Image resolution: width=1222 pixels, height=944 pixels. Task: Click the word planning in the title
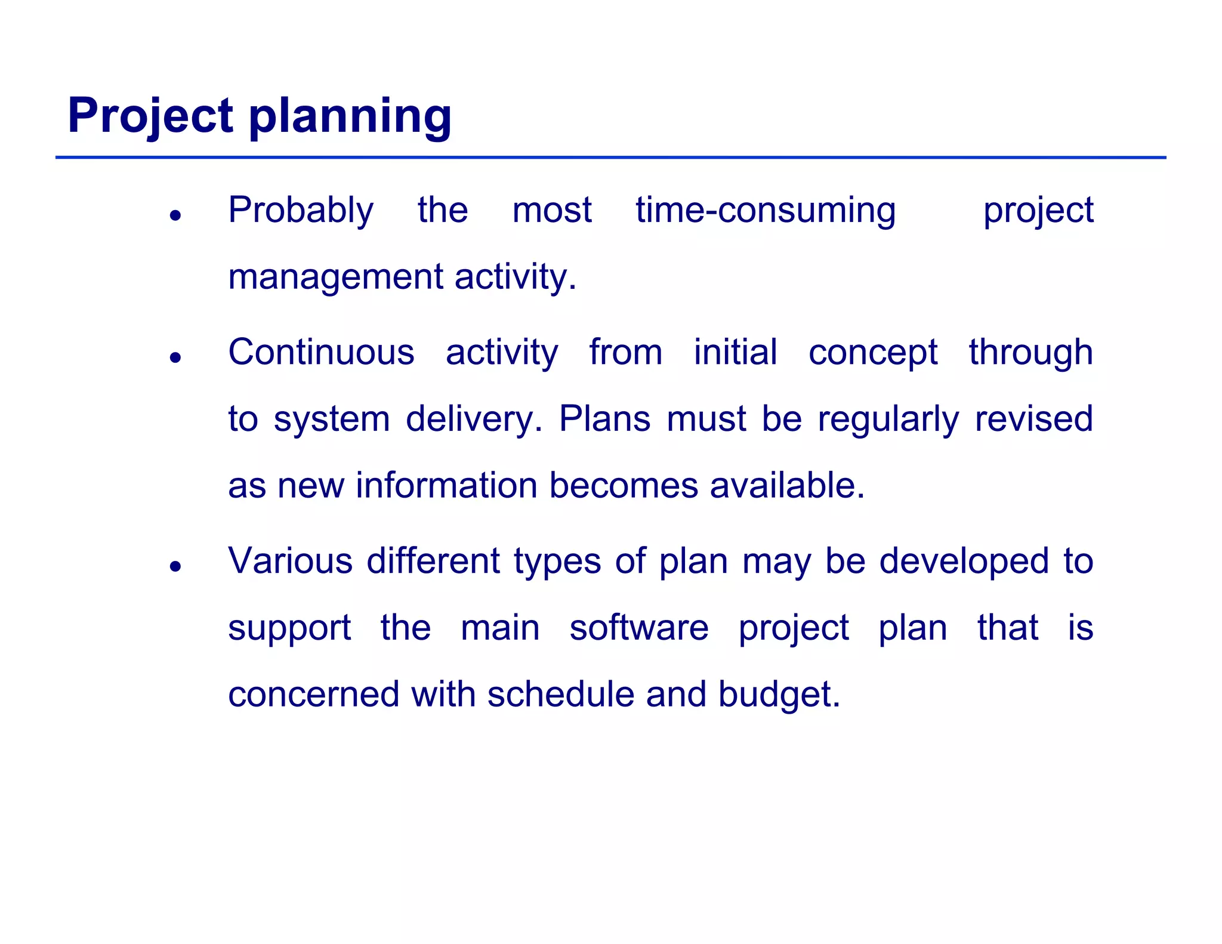(350, 117)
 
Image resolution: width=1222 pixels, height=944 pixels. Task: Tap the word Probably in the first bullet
(301, 211)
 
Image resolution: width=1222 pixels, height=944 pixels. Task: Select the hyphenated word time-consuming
(766, 211)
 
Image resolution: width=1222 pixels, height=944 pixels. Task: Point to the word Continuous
(321, 352)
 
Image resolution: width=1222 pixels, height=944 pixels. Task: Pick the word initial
(735, 352)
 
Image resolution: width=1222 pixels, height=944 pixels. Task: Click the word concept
(873, 353)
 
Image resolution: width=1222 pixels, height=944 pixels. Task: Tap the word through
(1030, 353)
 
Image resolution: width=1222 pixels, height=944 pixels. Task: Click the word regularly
(888, 419)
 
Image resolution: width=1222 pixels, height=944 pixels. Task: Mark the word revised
(1033, 418)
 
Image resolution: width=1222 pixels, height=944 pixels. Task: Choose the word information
(446, 485)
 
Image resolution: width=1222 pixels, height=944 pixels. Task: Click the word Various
(290, 562)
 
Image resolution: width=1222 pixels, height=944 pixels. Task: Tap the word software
(638, 628)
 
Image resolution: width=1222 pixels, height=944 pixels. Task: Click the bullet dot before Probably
(175, 215)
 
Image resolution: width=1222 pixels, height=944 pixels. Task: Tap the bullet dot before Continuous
(175, 357)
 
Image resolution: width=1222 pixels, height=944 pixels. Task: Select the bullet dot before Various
(175, 566)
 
